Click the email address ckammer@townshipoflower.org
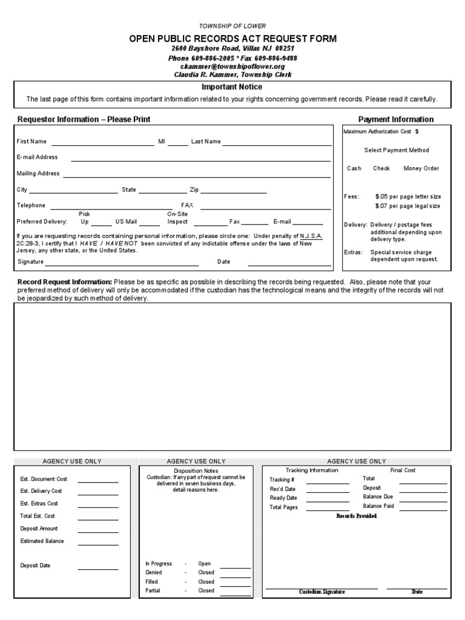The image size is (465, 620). [x=232, y=67]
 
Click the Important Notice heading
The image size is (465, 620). [x=232, y=87]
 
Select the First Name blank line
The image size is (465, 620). [x=103, y=145]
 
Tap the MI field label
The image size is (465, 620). [x=162, y=142]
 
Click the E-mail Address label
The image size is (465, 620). [x=38, y=157]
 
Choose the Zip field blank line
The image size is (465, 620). [x=234, y=192]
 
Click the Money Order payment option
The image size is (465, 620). [x=421, y=169]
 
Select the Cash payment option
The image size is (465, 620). [x=354, y=169]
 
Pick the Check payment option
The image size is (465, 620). [x=381, y=169]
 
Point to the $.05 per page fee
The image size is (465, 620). [x=408, y=197]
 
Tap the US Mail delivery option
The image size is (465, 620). [x=126, y=222]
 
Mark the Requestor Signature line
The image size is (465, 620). [x=122, y=265]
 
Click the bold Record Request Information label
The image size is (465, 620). [x=65, y=282]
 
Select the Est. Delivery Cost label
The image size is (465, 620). [x=41, y=491]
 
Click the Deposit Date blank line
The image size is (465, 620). [x=97, y=569]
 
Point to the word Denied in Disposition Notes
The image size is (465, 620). [x=154, y=572]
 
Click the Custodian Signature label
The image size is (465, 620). [x=322, y=592]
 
